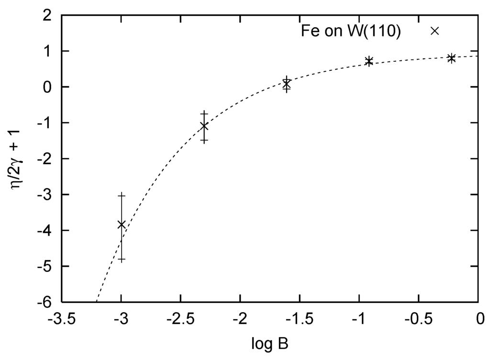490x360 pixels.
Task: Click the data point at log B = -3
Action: pos(122,224)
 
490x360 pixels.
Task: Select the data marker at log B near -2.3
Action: pos(204,126)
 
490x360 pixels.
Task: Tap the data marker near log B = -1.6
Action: pos(286,84)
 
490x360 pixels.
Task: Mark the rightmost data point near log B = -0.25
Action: pos(451,58)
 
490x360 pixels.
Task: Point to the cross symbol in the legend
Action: pos(434,31)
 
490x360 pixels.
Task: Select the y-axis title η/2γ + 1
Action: pos(18,158)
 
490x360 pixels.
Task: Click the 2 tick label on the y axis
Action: pos(48,15)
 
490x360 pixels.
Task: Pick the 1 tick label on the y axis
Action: pos(48,51)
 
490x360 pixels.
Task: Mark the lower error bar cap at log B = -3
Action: pos(122,259)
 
